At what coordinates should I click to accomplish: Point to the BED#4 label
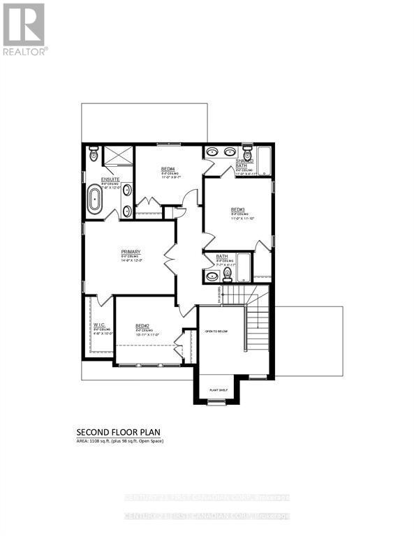(x=168, y=169)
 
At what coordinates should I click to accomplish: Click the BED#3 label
(x=237, y=209)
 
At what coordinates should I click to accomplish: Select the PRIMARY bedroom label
(x=131, y=252)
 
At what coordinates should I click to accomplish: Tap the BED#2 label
(x=143, y=326)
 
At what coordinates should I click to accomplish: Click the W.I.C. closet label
(x=98, y=325)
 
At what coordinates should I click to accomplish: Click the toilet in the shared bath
(x=246, y=153)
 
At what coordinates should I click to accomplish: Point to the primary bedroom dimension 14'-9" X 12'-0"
(x=131, y=262)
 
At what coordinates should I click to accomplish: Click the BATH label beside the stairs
(x=222, y=256)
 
